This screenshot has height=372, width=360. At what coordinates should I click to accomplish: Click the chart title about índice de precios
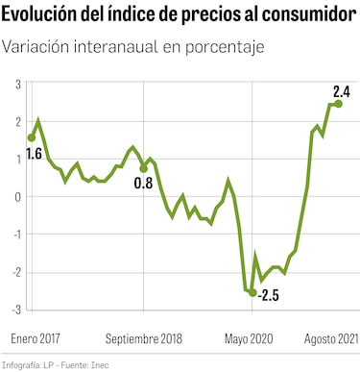tap(179, 17)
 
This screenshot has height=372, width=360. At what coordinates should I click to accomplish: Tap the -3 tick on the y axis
tap(17, 310)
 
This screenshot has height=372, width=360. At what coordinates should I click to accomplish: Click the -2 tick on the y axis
tap(17, 272)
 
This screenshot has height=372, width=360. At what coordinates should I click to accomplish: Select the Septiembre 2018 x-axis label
tap(143, 338)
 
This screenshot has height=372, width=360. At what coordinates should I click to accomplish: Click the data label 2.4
tap(341, 92)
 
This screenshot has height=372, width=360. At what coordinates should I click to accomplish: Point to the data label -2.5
tap(269, 295)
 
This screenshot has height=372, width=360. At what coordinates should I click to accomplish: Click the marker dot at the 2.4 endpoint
tap(338, 105)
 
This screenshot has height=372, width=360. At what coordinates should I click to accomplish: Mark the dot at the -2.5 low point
tap(253, 292)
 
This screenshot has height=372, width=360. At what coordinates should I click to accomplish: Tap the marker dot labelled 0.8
tap(144, 168)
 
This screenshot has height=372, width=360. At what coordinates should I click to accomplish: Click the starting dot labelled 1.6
tap(32, 137)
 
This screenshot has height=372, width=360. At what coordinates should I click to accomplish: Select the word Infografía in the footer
tap(22, 365)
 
